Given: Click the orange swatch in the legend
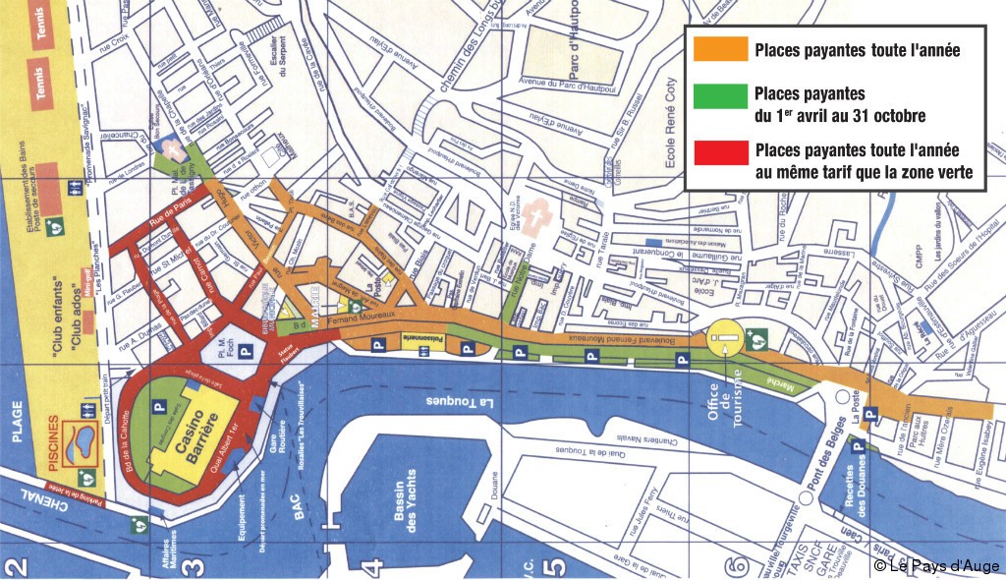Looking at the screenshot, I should pos(718,48).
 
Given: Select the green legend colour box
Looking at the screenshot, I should pos(718,95).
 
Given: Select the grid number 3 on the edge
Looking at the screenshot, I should pos(196,565).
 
